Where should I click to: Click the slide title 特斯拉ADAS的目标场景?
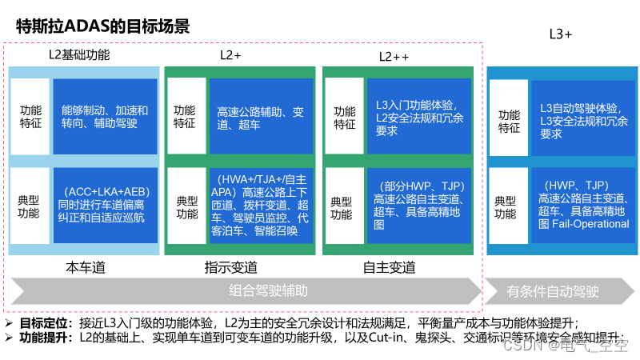pos(102,26)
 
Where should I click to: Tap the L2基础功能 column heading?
pos(79,56)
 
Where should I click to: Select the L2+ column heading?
pos(230,56)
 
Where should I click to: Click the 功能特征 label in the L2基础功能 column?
pos(31,117)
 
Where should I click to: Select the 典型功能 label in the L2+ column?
pos(187,207)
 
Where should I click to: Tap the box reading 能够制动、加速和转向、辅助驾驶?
pos(105,117)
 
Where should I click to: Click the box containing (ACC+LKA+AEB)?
pos(105,206)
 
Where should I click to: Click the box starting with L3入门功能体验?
pos(419,118)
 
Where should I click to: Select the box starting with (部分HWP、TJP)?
pos(419,206)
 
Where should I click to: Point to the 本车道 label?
pos(85,267)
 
